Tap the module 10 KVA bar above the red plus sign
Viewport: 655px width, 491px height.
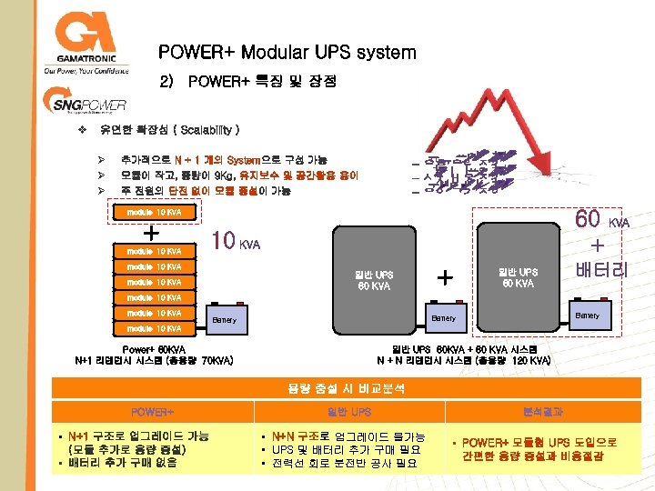point(154,212)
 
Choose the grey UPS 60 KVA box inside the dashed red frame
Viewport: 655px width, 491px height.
point(517,276)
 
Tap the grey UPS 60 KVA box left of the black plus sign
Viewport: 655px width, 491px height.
point(374,281)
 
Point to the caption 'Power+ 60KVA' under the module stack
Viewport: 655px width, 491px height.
point(154,348)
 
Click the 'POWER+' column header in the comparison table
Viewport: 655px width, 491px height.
point(152,412)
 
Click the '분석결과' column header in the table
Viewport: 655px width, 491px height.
point(543,412)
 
